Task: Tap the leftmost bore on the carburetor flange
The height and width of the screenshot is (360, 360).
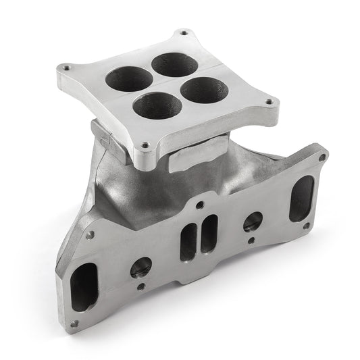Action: [128, 80]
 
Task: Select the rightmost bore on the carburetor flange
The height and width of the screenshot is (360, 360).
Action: [205, 88]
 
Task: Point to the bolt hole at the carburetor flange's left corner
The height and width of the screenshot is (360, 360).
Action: [65, 68]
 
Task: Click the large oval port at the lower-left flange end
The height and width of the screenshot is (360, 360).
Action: [84, 286]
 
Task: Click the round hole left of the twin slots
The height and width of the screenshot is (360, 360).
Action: [141, 267]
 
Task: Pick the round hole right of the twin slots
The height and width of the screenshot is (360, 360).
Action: [253, 221]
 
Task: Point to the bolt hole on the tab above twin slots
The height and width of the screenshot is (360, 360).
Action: [199, 203]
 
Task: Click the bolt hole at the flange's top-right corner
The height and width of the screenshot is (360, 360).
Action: [322, 157]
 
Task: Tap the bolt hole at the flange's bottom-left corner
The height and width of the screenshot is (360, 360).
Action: [74, 324]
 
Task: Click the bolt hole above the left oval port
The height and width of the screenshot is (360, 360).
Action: [90, 235]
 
